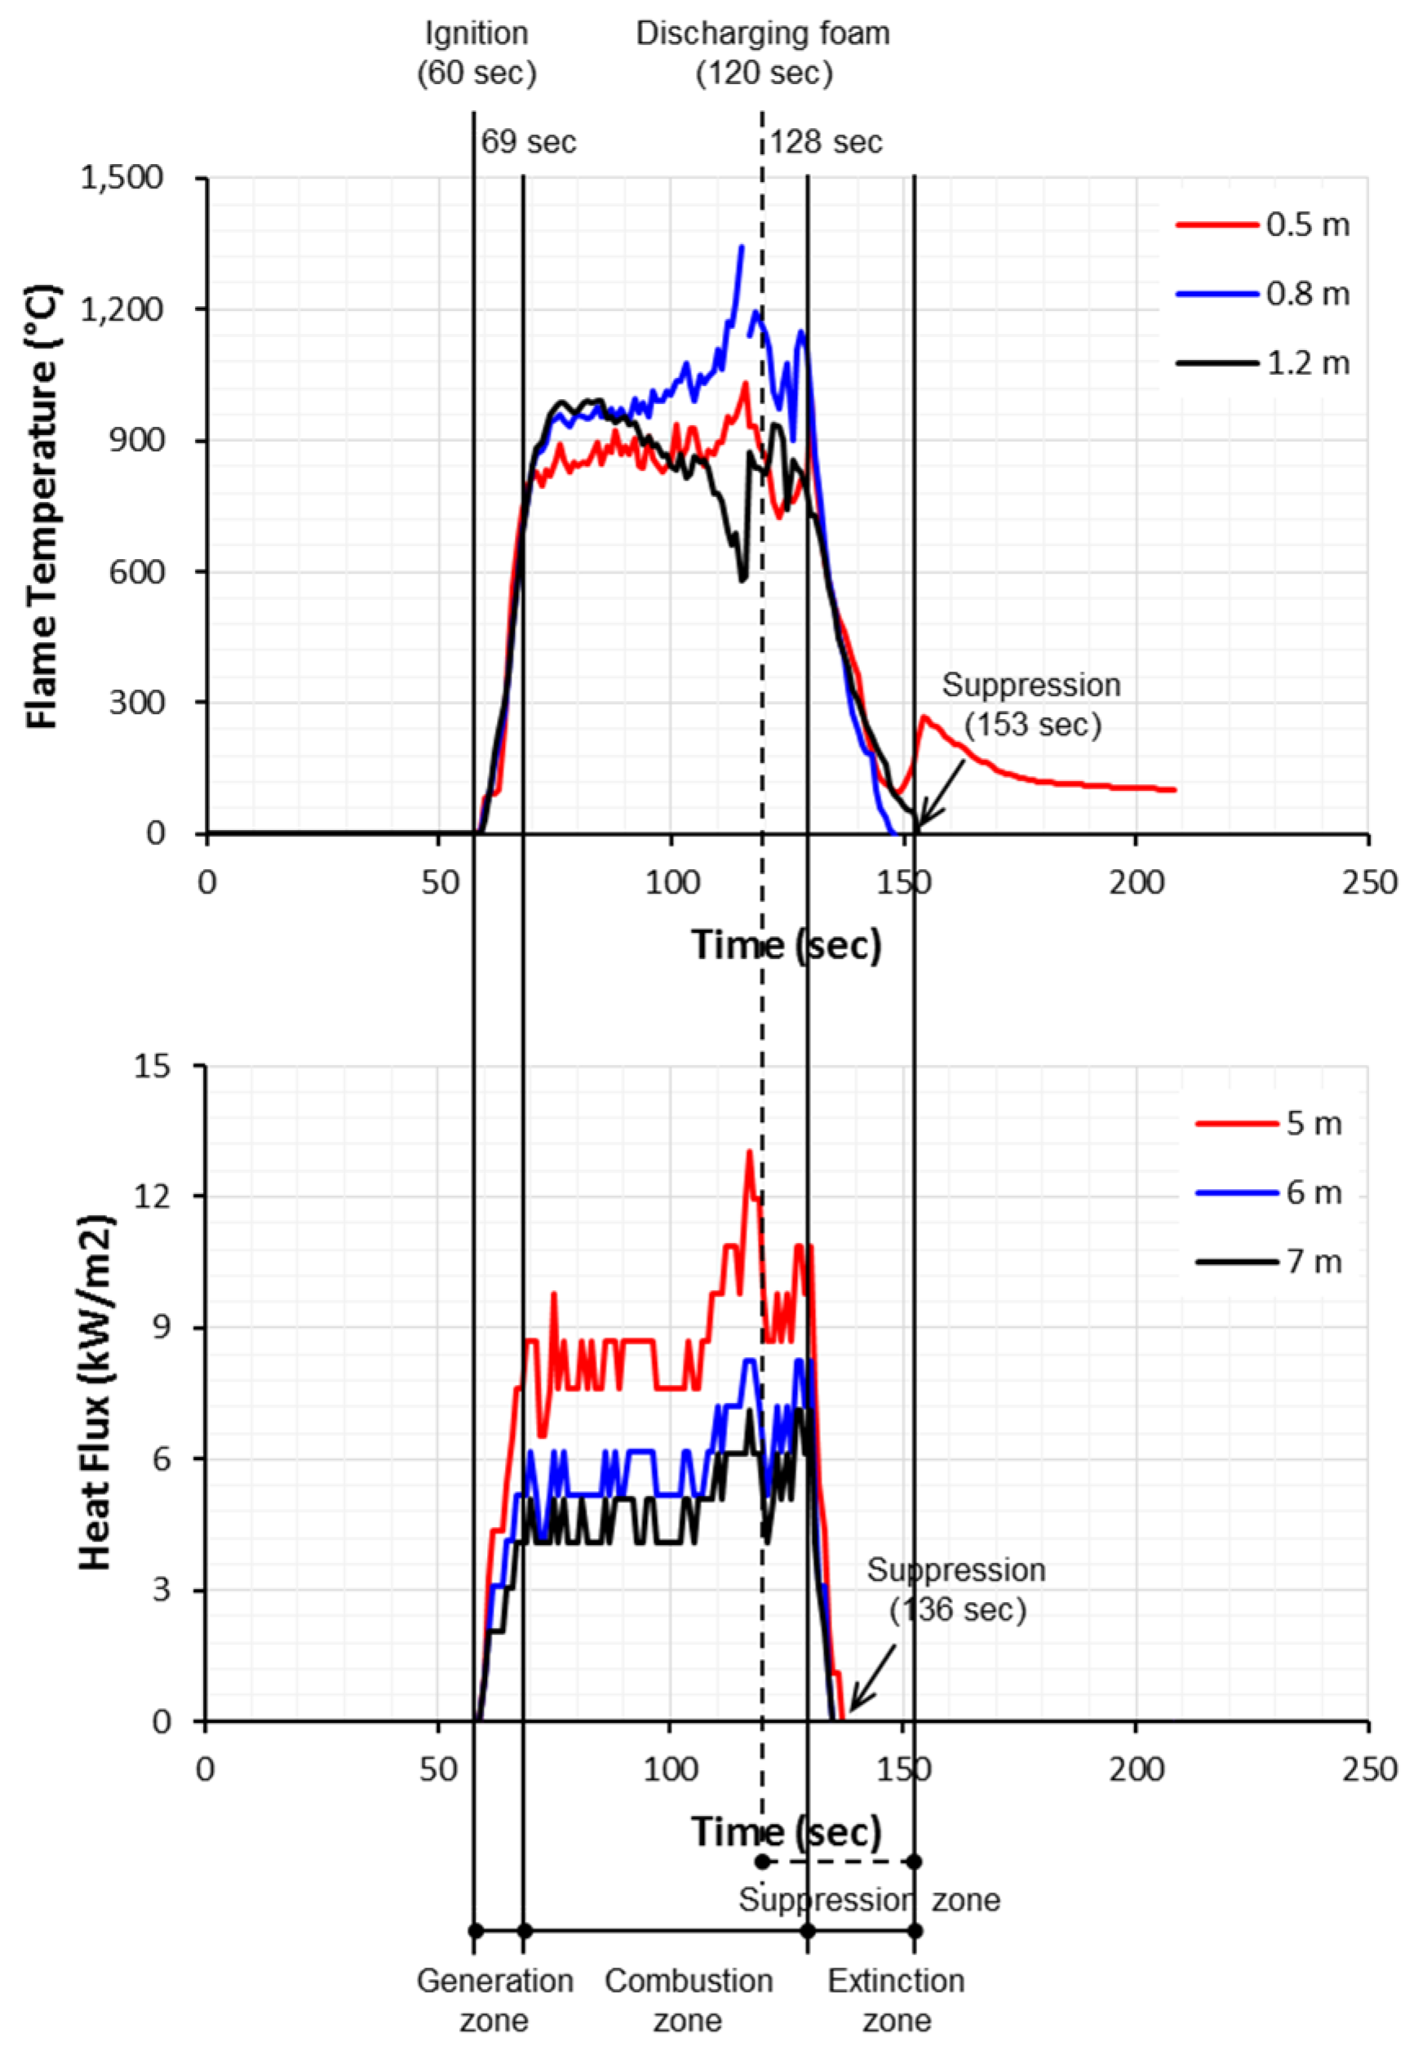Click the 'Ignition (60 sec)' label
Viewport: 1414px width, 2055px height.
477,52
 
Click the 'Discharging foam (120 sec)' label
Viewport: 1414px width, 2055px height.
763,52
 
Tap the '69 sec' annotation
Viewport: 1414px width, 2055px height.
529,142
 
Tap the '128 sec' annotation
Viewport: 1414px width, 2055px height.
826,142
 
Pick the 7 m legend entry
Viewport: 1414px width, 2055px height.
1269,1261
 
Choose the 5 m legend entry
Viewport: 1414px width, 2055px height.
1269,1123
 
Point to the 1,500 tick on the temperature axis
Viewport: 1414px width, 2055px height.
122,177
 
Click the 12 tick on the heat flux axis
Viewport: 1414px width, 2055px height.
151,1196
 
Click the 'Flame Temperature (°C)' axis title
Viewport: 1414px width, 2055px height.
42,506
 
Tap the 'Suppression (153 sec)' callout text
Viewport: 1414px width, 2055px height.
1031,704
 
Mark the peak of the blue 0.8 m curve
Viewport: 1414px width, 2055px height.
742,246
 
